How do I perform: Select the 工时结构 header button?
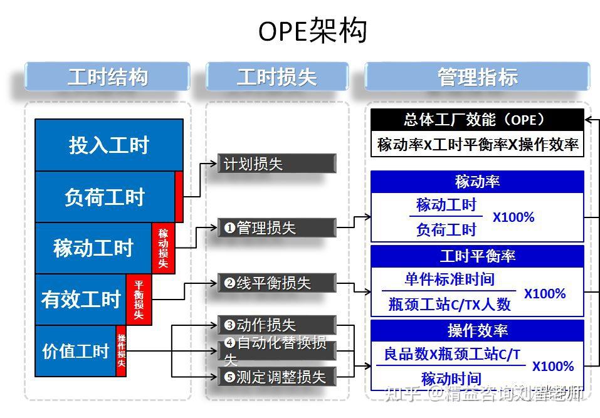(x=107, y=77)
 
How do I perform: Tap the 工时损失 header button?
(x=276, y=77)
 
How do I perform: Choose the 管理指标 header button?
(x=477, y=77)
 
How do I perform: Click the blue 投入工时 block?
(x=108, y=145)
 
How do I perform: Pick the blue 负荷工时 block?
(x=104, y=197)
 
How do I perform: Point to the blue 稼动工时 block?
(x=93, y=248)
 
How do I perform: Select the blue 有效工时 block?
(x=80, y=300)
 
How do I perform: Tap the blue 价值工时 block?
(x=75, y=351)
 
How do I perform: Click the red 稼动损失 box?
(x=163, y=248)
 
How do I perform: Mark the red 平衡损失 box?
(x=139, y=300)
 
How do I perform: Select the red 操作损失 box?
(x=121, y=351)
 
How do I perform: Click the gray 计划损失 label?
(x=276, y=164)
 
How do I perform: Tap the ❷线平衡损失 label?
(x=276, y=283)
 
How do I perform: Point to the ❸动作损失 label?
(x=276, y=325)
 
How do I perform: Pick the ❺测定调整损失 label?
(x=276, y=377)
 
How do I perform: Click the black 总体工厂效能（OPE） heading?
(x=477, y=120)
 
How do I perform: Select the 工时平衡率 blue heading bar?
(x=477, y=256)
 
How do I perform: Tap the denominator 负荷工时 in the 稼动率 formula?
(x=446, y=230)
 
